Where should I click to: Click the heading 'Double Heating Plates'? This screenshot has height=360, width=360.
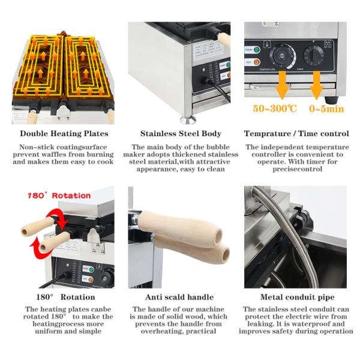click(64, 134)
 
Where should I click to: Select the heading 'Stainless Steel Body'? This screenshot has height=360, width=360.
click(181, 134)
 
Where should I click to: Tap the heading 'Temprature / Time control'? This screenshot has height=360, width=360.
click(296, 134)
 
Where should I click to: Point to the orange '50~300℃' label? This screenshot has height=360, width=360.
click(275, 109)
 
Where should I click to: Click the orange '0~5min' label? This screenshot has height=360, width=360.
click(326, 109)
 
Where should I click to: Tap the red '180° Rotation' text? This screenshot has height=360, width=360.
click(59, 196)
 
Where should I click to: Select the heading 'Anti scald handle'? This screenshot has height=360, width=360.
click(179, 297)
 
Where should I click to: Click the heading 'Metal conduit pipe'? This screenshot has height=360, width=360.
click(298, 297)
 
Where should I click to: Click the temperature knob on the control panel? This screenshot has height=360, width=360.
click(282, 56)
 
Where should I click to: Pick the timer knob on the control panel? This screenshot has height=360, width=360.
click(314, 55)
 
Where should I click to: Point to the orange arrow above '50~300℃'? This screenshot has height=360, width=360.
click(283, 85)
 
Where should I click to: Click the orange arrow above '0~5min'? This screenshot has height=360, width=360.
click(317, 85)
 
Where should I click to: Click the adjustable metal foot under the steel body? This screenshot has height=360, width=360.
click(188, 119)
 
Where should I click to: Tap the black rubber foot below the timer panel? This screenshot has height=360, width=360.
click(331, 100)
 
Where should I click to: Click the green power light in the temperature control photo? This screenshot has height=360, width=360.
click(257, 50)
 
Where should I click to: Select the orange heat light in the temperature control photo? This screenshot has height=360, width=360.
click(257, 62)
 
